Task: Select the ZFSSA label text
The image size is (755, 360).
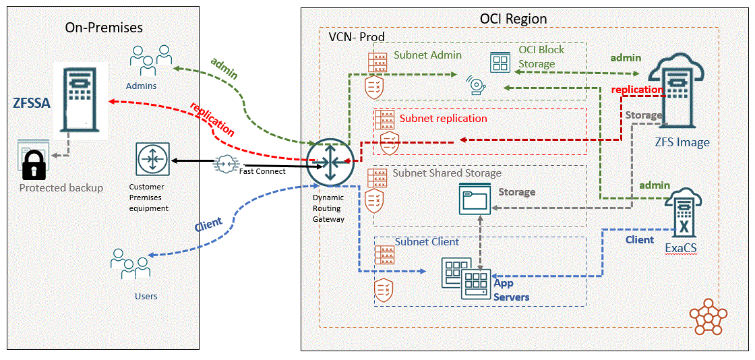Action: (x=32, y=103)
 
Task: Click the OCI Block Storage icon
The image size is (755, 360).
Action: (x=501, y=63)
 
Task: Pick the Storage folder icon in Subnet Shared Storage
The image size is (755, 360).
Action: (x=474, y=200)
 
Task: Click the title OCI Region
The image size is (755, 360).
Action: (x=513, y=18)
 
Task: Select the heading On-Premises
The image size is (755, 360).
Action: (x=104, y=27)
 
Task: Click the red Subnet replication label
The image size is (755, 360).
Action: (x=443, y=118)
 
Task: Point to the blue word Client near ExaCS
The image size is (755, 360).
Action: (x=639, y=239)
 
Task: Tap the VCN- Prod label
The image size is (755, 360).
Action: (x=356, y=36)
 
